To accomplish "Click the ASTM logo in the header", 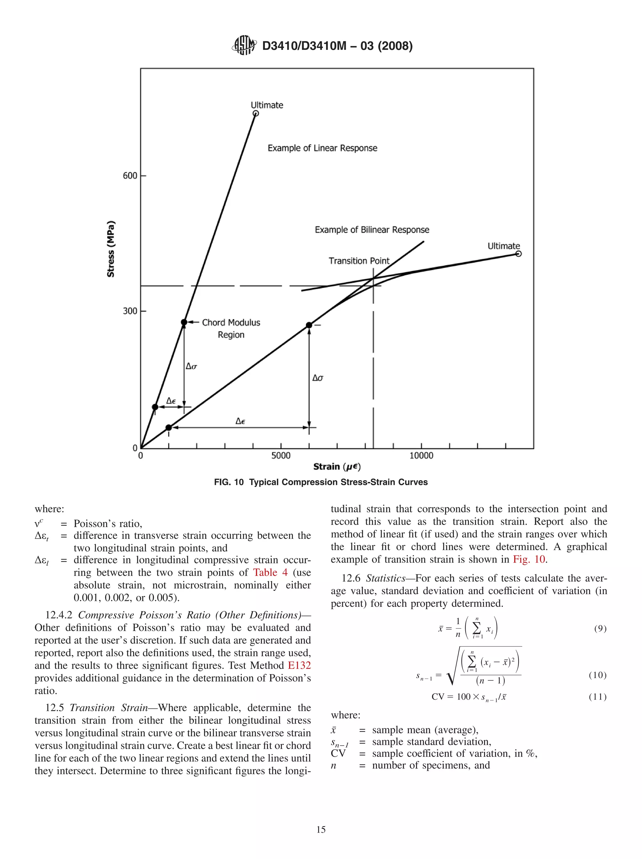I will [244, 45].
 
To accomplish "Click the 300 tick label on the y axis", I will [130, 311].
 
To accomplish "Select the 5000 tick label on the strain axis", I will [281, 456].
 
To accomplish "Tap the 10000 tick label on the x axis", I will [421, 456].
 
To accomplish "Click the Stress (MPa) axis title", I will [111, 249].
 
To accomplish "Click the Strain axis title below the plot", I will [337, 466].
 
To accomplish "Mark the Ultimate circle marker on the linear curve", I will [255, 113].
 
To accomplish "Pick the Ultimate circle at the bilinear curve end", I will [518, 254].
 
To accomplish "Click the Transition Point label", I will [359, 260].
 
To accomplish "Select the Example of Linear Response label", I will [322, 148].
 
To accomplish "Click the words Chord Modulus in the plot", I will [231, 322].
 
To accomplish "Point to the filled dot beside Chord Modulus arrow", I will [184, 322].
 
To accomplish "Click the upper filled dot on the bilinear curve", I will [309, 325].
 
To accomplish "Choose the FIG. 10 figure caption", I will [320, 482].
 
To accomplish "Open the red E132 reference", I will [299, 665].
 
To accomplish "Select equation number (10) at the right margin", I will [597, 675].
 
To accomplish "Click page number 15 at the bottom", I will [321, 830].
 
